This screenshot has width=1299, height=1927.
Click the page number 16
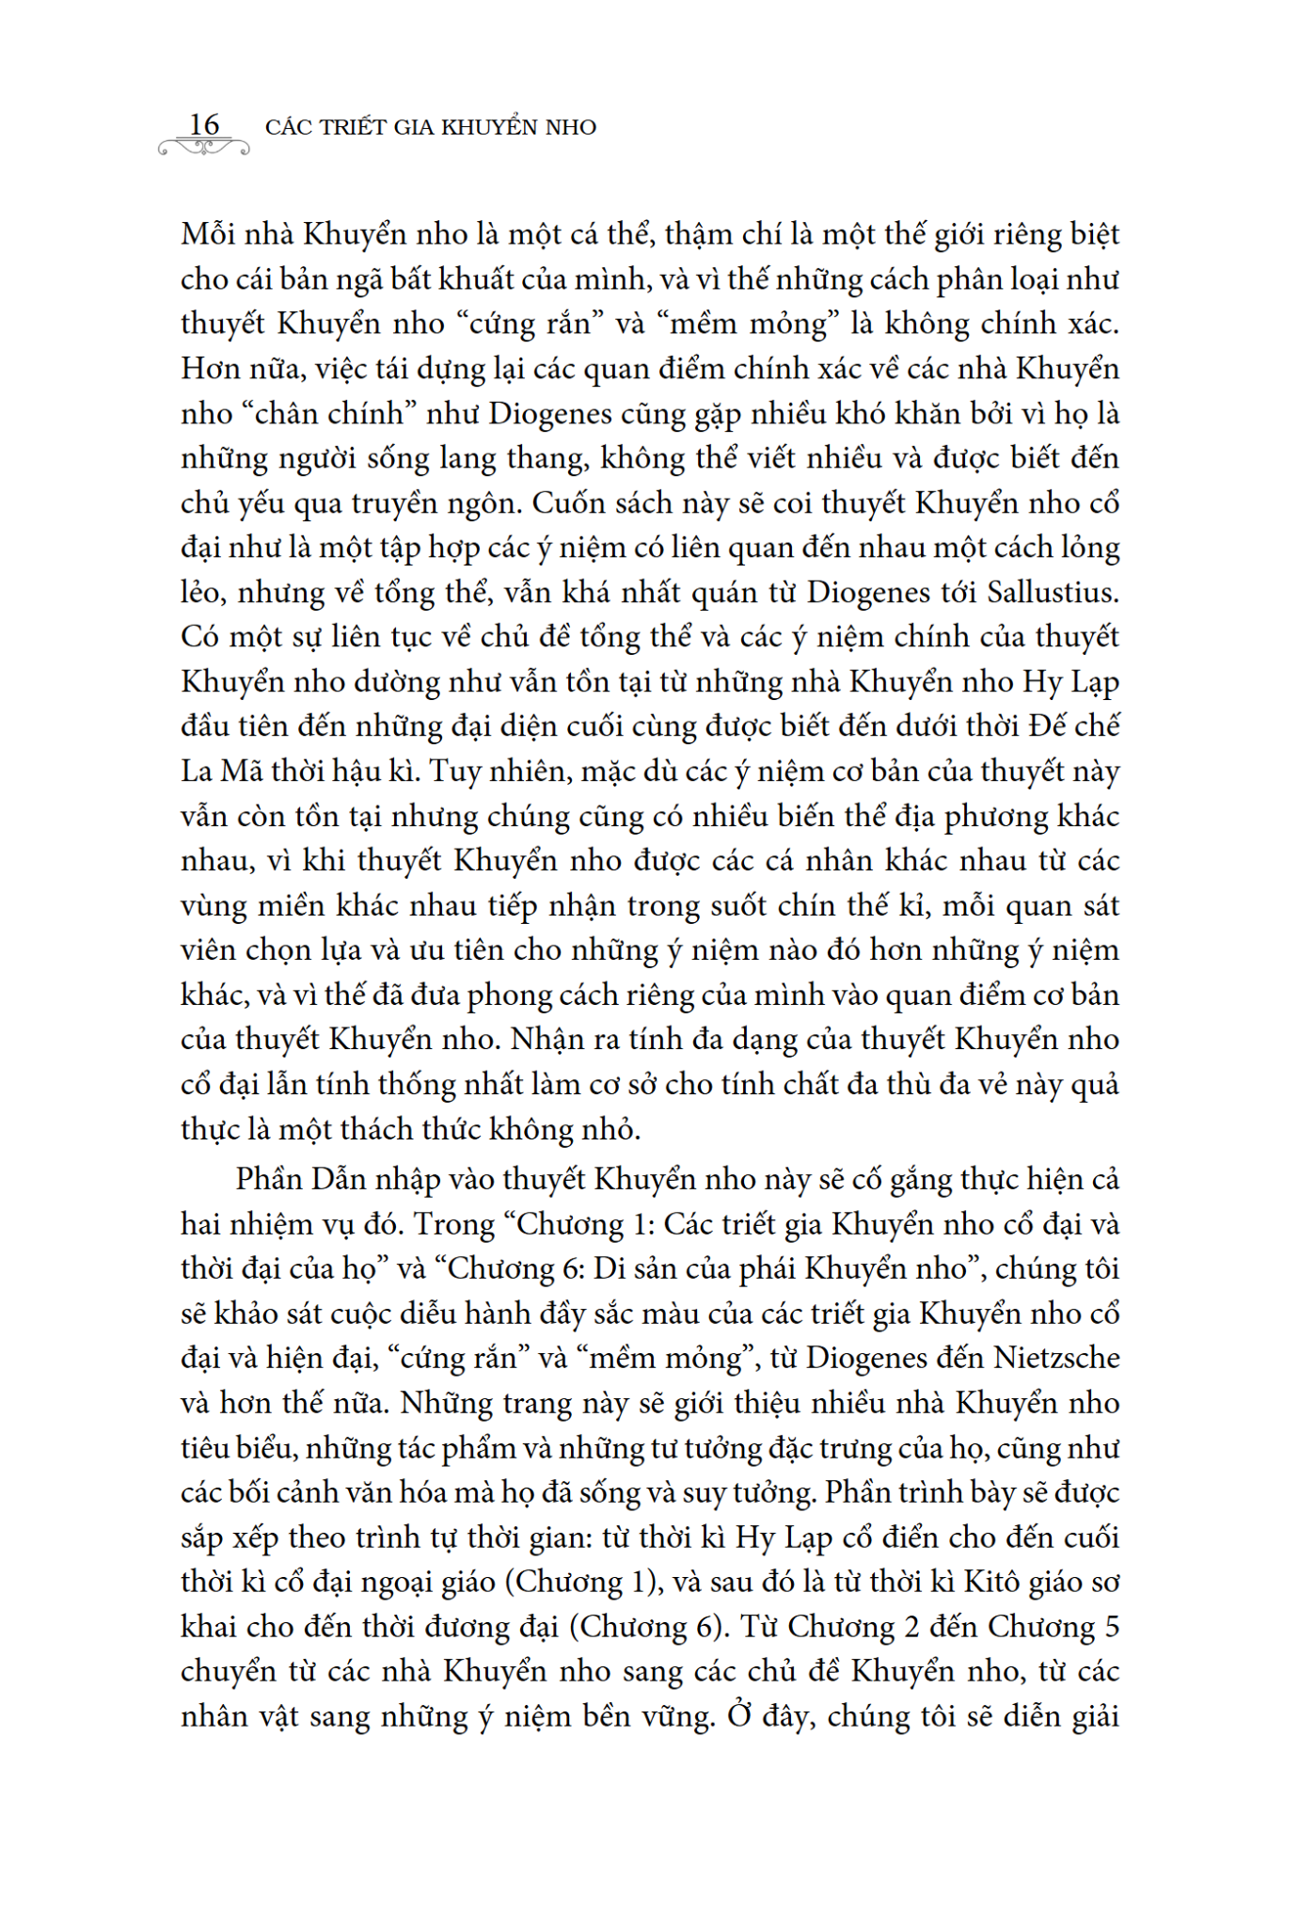204,124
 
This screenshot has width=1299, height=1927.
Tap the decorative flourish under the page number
204,147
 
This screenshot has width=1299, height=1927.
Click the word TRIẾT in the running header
352,128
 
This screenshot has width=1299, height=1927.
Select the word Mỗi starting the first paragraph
209,234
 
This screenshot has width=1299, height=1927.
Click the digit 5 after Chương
1110,1627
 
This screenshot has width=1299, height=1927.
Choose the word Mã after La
241,772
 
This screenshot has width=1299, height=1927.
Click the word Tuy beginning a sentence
454,772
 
